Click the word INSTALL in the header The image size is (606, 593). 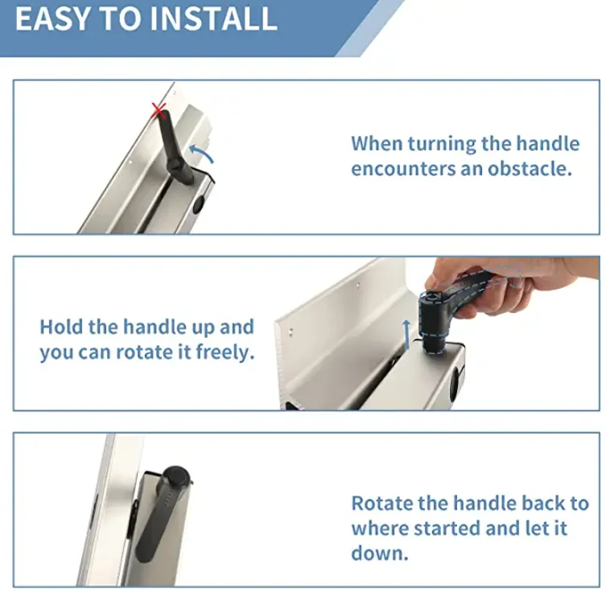[213, 19]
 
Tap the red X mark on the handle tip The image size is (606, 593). [159, 111]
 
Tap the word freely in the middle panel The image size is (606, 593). [225, 352]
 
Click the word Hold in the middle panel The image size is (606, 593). [61, 327]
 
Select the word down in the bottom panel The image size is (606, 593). [380, 553]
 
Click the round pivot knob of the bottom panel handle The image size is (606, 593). [176, 477]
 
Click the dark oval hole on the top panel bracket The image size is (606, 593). [198, 204]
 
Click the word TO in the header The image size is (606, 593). [119, 19]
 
